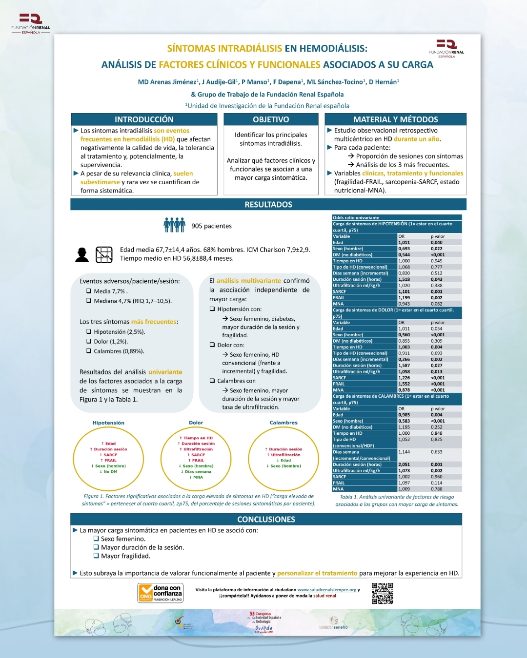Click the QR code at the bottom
coord(382,593)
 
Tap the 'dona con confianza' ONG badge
coord(161,593)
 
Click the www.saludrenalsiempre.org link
coord(326,590)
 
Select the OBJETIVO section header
coord(271,119)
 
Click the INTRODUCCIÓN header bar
coord(144,119)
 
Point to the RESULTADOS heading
coord(268,205)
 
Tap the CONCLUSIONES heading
coord(266,520)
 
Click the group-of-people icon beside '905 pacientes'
coord(174,225)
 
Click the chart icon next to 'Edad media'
coord(104,254)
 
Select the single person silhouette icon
coord(82,254)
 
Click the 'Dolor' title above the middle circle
coord(196,423)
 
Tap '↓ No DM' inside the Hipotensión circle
coord(108,472)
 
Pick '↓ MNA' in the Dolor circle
coord(196,477)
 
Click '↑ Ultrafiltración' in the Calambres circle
coord(284,455)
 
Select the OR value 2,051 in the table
coord(404,464)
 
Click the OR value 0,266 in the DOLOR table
coord(404,359)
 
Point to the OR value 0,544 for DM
coord(404,254)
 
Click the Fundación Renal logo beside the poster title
coord(446,49)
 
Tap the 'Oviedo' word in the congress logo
coord(264,628)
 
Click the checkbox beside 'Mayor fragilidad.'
coord(96,556)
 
